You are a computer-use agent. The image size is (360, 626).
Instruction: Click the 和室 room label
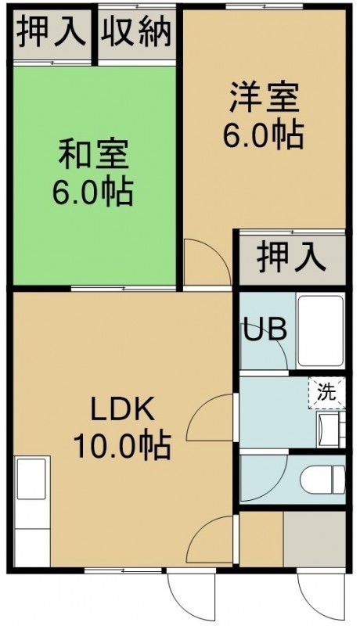(x=94, y=153)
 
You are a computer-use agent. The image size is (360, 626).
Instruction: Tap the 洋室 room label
(x=264, y=98)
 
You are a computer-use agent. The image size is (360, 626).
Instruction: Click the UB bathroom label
(x=265, y=329)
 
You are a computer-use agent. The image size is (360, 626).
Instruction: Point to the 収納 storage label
(x=136, y=32)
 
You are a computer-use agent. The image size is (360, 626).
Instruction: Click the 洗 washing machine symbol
(x=326, y=393)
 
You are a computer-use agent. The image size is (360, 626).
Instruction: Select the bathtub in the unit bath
(x=321, y=331)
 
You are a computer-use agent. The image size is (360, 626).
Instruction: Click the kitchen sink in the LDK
(x=31, y=479)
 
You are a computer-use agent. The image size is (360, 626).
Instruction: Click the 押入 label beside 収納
(x=52, y=32)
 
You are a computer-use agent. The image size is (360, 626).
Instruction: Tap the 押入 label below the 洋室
(x=292, y=257)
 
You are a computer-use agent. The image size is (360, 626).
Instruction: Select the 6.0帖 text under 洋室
(x=263, y=135)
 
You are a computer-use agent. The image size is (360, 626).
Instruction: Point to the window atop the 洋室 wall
(x=265, y=5)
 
